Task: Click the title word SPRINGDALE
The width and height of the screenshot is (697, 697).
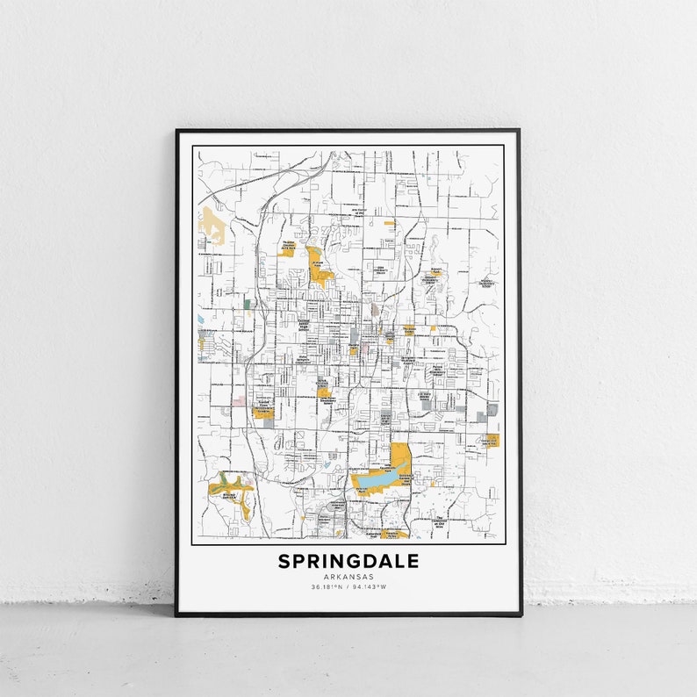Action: pos(348,561)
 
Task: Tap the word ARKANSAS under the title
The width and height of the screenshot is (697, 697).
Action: pos(348,577)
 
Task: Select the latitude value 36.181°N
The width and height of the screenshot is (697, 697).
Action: pos(325,586)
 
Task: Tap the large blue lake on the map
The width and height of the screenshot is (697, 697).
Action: pos(372,482)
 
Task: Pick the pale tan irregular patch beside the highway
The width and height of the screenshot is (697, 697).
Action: pos(212,226)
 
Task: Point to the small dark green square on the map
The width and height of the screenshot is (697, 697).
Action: pos(247,304)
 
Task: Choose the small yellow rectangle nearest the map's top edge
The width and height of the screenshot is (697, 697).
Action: pos(390,224)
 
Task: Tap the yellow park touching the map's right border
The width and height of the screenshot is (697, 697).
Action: pos(492,439)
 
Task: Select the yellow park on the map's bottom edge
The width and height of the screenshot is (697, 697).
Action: pos(395,533)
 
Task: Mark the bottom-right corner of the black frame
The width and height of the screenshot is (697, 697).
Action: pos(521,615)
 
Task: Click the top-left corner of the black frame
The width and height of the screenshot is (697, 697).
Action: pos(176,131)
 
